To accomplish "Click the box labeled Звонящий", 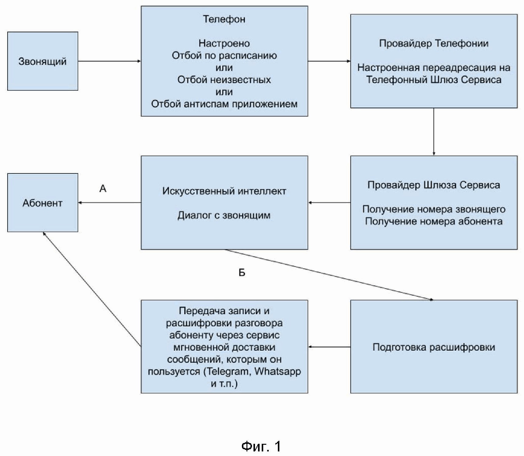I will pyautogui.click(x=43, y=61).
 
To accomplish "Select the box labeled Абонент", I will pyautogui.click(x=43, y=203).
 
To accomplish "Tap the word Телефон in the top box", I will pyautogui.click(x=224, y=19).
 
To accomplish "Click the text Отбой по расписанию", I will pyautogui.click(x=224, y=55).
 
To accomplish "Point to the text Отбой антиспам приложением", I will pyautogui.click(x=224, y=104).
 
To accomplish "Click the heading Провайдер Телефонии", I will pyautogui.click(x=434, y=43).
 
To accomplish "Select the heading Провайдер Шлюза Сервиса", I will pyautogui.click(x=434, y=185).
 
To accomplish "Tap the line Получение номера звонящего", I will pyautogui.click(x=434, y=209).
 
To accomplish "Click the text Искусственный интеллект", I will pyautogui.click(x=224, y=191).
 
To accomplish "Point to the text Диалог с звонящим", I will pyautogui.click(x=224, y=215).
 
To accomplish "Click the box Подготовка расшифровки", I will pyautogui.click(x=434, y=347).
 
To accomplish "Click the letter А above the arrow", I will pyautogui.click(x=103, y=189).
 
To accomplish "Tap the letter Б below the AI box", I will pyautogui.click(x=242, y=272).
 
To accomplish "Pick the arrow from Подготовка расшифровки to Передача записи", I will pyautogui.click(x=329, y=347).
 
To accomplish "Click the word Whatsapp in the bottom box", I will pyautogui.click(x=278, y=371).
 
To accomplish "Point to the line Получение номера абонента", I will pyautogui.click(x=434, y=221).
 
